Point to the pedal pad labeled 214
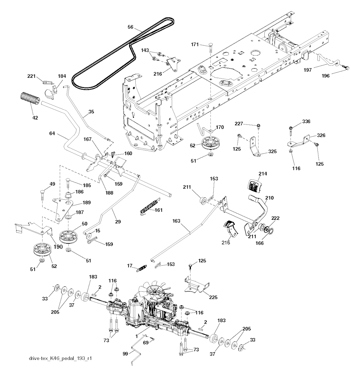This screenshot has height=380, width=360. point(255,185)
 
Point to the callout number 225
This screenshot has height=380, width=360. point(213,297)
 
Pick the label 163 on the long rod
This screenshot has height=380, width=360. point(176,221)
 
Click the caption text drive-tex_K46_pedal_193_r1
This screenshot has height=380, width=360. point(58,359)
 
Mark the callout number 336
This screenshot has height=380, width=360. point(306,122)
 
